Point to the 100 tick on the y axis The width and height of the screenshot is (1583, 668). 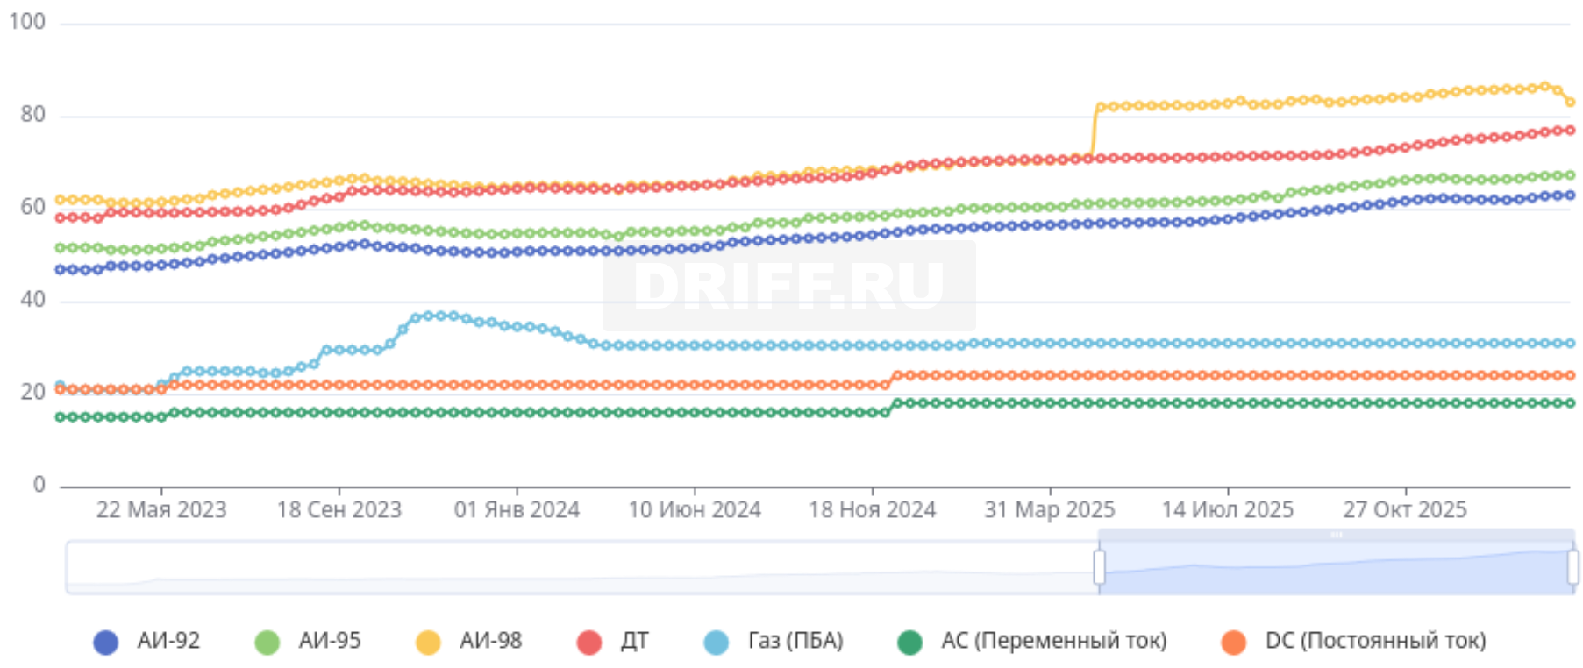coord(27,22)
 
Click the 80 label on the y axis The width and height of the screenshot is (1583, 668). coord(32,115)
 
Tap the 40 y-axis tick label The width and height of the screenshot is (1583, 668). coord(32,300)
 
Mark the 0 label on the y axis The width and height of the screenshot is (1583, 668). coord(39,485)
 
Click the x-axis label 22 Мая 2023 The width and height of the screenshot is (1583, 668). coord(161,510)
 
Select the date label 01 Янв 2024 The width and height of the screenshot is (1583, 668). coord(517,510)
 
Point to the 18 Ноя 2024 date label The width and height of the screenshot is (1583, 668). coord(872,510)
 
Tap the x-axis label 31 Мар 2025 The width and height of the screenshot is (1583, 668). coord(1049,510)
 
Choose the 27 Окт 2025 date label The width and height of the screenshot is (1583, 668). coord(1404,510)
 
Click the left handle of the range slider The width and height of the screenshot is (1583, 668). coord(1099,567)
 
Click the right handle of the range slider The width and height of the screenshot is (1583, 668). coord(1572,567)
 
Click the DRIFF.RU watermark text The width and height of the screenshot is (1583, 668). coord(788,286)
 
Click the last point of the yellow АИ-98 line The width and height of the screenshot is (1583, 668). coord(1570,103)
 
